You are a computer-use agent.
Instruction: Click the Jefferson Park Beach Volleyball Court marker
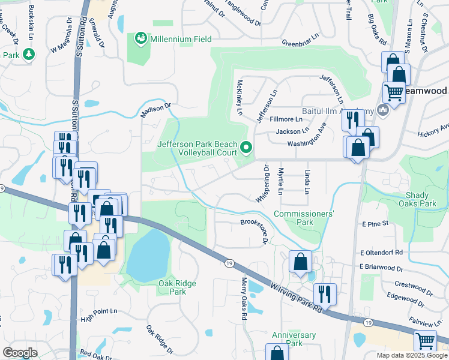246,146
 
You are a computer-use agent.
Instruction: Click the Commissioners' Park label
303,218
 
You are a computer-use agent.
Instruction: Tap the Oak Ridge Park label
178,287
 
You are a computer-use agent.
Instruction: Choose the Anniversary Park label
294,339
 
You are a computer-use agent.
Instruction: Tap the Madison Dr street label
155,109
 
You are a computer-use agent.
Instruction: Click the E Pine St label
376,223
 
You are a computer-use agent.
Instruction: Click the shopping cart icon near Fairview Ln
426,341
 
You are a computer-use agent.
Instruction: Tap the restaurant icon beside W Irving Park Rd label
325,294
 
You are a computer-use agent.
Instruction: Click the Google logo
20,353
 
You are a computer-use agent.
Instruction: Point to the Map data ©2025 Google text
411,355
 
